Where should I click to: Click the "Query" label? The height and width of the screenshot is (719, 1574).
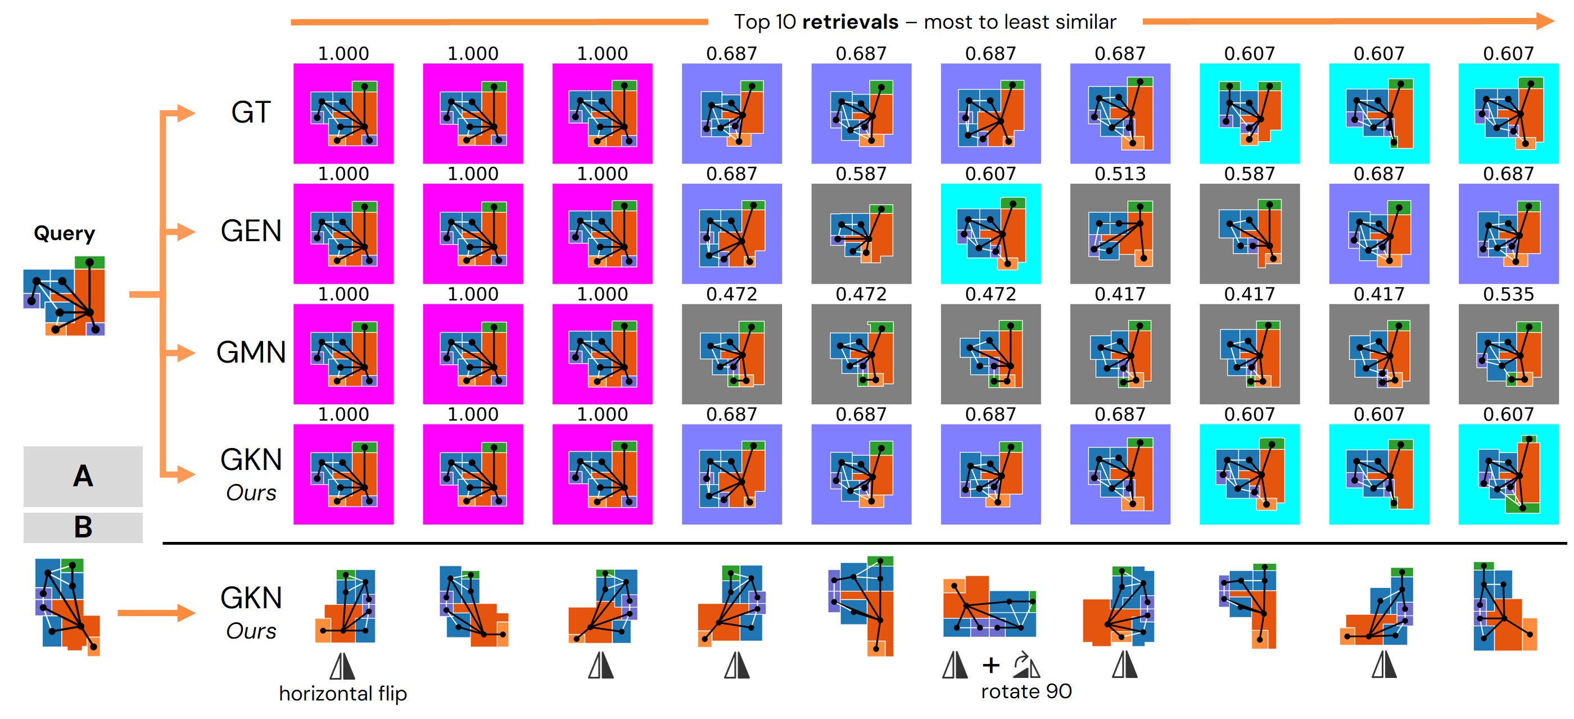pos(64,233)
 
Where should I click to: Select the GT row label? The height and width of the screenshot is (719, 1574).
pos(251,113)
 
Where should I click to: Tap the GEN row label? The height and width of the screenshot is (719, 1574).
pos(251,232)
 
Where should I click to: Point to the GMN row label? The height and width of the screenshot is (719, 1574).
pos(251,352)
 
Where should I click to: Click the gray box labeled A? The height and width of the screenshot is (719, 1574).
pos(83,476)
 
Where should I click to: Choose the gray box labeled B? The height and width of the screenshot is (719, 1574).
pos(83,527)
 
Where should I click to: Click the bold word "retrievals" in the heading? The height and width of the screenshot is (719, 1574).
pos(850,22)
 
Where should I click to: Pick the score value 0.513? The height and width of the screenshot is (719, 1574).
pos(1120,174)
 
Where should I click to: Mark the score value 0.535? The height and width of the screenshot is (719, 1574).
pos(1508,295)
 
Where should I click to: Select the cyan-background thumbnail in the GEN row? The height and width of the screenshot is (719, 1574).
pos(990,234)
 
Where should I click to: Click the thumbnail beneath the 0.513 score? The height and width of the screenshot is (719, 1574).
pos(1120,234)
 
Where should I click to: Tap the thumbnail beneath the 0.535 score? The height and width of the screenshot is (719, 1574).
pos(1508,354)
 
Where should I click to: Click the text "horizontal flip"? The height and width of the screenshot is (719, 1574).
pos(343,693)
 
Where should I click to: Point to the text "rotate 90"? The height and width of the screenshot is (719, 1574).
pos(1026,691)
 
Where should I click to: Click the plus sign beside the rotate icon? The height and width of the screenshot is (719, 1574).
pos(990,664)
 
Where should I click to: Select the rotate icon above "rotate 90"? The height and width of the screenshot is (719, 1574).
pos(1026,664)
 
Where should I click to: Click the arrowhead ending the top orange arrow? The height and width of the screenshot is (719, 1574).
pos(1545,21)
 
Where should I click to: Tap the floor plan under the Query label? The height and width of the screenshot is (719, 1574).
pos(64,296)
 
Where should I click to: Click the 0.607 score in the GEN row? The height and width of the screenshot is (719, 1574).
pos(990,174)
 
